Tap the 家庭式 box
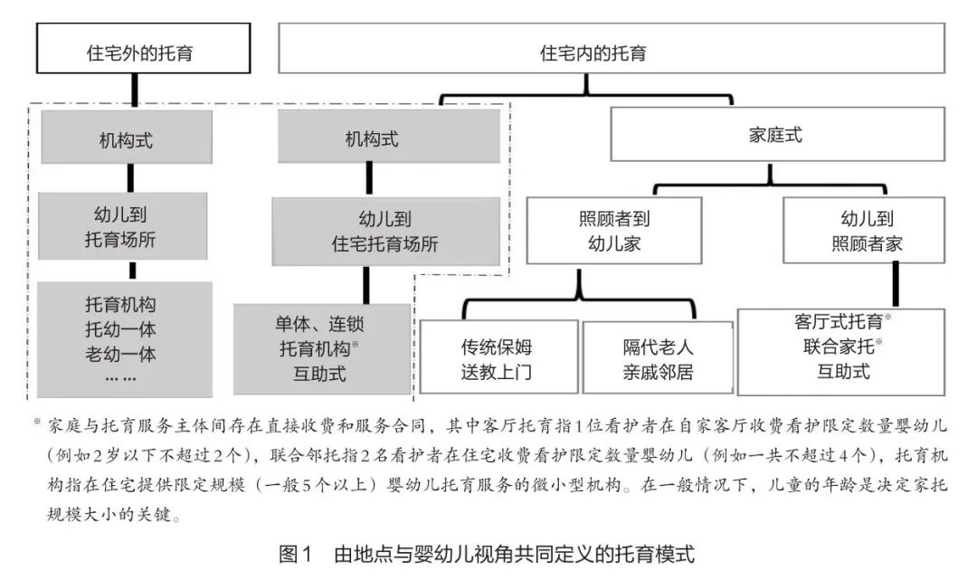click(776, 136)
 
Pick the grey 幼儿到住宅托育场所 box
click(386, 232)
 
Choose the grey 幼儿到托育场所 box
click(124, 228)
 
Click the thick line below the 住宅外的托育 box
click(133, 90)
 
